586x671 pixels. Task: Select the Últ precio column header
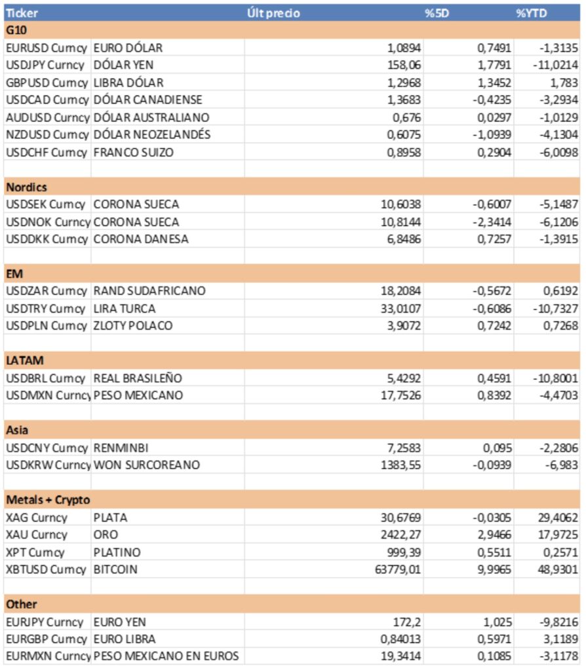coord(273,12)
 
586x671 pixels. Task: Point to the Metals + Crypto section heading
coord(48,500)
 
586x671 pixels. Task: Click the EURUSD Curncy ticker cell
coord(45,48)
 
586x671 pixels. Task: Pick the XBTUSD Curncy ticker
coord(45,569)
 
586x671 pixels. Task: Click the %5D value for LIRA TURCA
coord(492,309)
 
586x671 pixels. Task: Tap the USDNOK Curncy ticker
coord(45,221)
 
